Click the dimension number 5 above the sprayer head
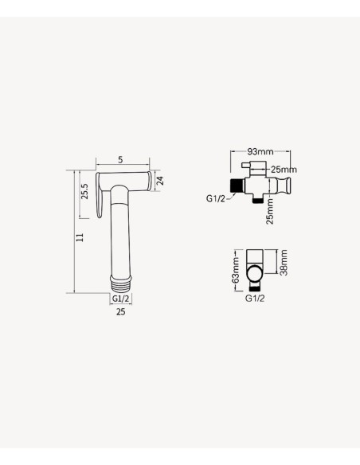click(x=120, y=159)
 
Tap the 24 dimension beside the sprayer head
click(x=160, y=181)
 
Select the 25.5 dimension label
click(x=84, y=191)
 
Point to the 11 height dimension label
click(x=80, y=237)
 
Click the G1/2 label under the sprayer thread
click(x=121, y=299)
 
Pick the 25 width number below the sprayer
click(x=120, y=311)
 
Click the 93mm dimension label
click(x=260, y=151)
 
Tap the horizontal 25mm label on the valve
click(x=284, y=170)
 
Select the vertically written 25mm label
click(x=270, y=212)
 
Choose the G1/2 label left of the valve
click(x=216, y=198)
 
